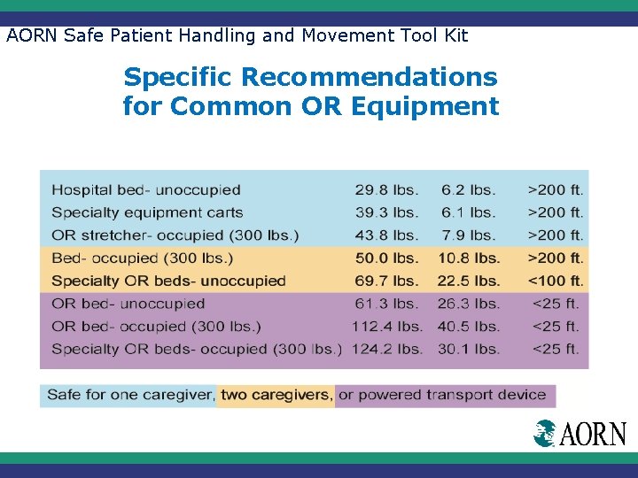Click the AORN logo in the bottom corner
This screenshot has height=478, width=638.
[580, 434]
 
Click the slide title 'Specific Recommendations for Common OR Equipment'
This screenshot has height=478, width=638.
[310, 92]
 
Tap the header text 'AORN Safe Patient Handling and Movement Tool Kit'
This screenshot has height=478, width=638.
[237, 36]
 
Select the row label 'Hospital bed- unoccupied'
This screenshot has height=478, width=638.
[146, 189]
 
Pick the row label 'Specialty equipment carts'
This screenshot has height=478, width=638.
[147, 212]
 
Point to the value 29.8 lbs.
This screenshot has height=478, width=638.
[386, 189]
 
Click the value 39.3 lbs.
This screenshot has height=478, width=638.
[386, 212]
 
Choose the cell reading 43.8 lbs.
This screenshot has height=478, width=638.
[386, 235]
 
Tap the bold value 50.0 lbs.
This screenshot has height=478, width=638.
[386, 258]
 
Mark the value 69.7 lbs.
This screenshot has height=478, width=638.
[386, 281]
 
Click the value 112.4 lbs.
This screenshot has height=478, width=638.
[386, 326]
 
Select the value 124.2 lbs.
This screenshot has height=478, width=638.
[386, 349]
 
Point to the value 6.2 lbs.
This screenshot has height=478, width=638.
[468, 189]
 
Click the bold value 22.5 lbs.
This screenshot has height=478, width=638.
[468, 281]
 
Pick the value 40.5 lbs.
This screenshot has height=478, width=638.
[468, 326]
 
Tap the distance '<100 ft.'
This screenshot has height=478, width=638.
[556, 281]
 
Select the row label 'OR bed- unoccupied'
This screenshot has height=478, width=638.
[128, 304]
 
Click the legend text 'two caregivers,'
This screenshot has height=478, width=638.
[276, 395]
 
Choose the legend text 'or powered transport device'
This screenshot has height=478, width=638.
[442, 395]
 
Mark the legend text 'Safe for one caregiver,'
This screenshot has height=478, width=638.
[130, 395]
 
